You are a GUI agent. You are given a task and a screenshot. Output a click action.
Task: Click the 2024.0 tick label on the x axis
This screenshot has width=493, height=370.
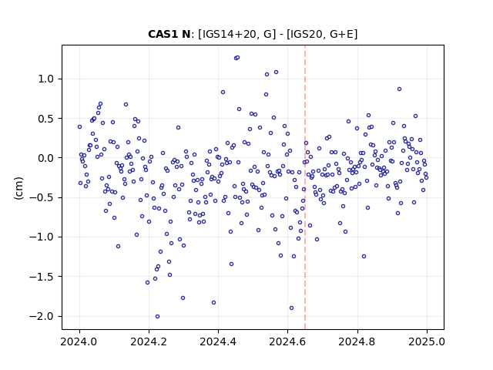point(79,341)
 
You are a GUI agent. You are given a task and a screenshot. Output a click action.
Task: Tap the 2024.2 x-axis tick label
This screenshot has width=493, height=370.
point(149,341)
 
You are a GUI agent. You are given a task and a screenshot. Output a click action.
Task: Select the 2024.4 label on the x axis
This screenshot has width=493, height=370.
point(218,341)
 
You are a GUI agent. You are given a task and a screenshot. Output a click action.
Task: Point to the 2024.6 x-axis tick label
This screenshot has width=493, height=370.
point(287,341)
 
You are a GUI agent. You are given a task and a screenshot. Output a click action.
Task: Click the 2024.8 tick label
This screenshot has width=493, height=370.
point(357,341)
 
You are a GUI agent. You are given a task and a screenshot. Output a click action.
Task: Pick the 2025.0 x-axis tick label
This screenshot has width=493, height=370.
point(427,341)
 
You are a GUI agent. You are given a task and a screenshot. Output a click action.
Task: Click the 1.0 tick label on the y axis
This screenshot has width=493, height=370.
point(46,79)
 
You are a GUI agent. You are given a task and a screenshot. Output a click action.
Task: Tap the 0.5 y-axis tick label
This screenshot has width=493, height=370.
point(46,119)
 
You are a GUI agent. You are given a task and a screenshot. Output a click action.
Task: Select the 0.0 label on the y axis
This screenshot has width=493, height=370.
point(46,158)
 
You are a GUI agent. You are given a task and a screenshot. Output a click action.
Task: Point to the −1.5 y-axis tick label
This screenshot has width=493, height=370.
point(42,277)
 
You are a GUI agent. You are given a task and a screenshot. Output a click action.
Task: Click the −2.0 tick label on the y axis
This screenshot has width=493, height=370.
point(42,316)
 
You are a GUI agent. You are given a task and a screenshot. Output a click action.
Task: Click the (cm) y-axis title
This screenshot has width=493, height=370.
point(18,188)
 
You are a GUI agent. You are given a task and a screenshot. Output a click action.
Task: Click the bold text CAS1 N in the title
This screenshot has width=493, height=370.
point(169,34)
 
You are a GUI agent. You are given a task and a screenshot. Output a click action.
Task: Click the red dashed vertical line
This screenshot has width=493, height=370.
point(305,187)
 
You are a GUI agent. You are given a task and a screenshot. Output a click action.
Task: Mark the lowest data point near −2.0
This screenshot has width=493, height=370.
point(157,317)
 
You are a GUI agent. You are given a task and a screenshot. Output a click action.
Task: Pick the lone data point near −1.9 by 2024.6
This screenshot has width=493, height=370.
point(291,308)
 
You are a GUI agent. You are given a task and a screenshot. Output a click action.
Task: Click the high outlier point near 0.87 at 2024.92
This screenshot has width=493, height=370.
point(399,89)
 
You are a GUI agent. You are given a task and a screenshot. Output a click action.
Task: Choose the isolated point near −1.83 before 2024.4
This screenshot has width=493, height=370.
point(214,303)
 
